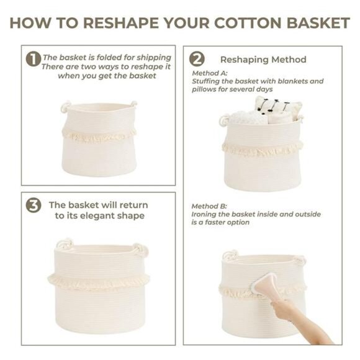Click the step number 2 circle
point(197,59)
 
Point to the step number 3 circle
point(33,205)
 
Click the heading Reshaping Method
point(263,60)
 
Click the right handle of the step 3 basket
point(140,250)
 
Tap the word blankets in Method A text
point(288,81)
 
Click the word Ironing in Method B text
point(205,214)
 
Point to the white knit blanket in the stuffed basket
point(248,117)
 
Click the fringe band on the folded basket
point(99,135)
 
